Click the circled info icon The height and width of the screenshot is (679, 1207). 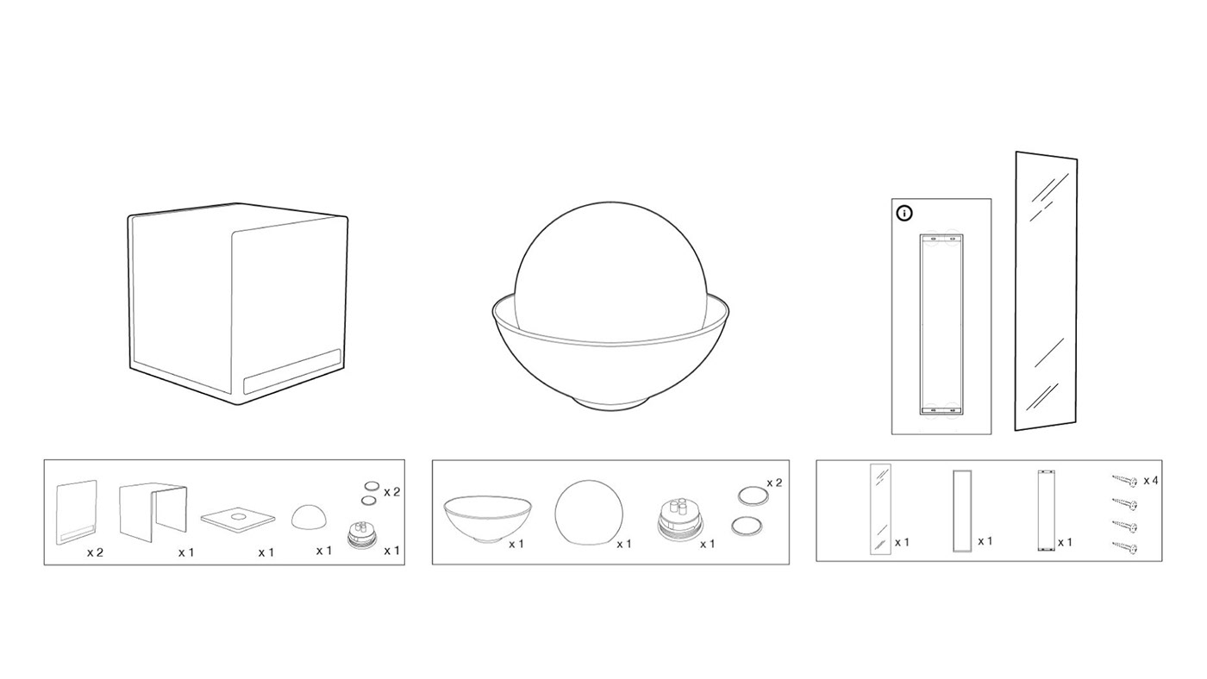pyautogui.click(x=904, y=213)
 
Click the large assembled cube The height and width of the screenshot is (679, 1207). pyautogui.click(x=238, y=303)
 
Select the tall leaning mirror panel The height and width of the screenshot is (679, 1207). pyautogui.click(x=1046, y=290)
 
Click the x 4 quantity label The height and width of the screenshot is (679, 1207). pyautogui.click(x=1151, y=480)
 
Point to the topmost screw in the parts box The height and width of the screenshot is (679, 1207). pyautogui.click(x=1125, y=480)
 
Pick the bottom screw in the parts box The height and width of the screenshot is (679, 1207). pyautogui.click(x=1125, y=548)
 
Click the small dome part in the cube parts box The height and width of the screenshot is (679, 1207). pyautogui.click(x=309, y=518)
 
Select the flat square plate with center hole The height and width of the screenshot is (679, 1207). pyautogui.click(x=238, y=518)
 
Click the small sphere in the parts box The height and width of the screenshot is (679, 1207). pyautogui.click(x=589, y=512)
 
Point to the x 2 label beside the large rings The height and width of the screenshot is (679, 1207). pyautogui.click(x=774, y=483)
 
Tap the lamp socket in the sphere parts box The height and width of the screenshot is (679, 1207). pyautogui.click(x=679, y=520)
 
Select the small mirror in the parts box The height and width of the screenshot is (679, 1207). pyautogui.click(x=880, y=509)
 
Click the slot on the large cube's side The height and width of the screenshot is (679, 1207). pyautogui.click(x=292, y=371)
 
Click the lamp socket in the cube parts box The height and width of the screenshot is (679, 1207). pyautogui.click(x=361, y=536)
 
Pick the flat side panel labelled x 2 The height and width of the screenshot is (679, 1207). pyautogui.click(x=77, y=512)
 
